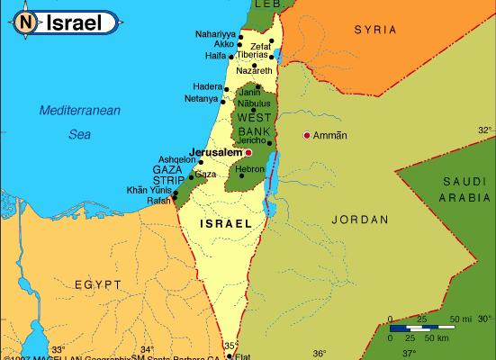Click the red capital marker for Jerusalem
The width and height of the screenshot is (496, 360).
pos(248,153)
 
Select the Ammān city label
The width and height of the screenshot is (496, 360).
pos(330,136)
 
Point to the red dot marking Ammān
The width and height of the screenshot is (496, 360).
pos(307,135)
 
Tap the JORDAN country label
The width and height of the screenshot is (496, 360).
pos(360,219)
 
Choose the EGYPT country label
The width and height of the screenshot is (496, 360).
pos(97,284)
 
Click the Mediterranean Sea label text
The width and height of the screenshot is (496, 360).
pos(79,121)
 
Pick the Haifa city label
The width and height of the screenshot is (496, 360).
pos(215,56)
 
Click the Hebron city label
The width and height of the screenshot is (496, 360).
pos(249,168)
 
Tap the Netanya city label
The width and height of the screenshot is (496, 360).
pos(201,98)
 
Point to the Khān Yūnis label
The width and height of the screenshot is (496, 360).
pos(148,190)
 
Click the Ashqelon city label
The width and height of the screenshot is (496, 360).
pos(176,159)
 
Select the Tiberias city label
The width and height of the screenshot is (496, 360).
pos(251,55)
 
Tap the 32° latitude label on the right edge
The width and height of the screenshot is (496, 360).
pos(485,130)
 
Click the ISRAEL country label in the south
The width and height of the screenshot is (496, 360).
pos(225,223)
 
